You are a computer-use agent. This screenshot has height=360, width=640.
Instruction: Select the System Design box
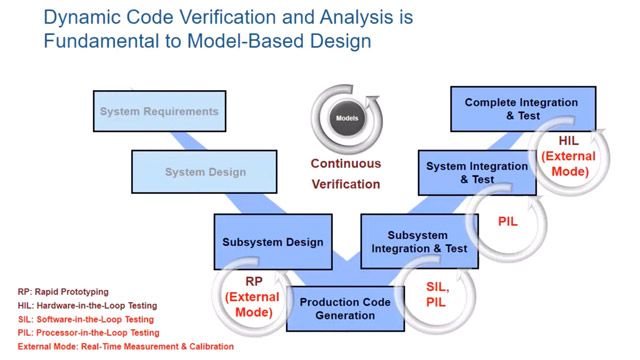[x=205, y=172]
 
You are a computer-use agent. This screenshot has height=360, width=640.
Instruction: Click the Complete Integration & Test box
[x=521, y=109]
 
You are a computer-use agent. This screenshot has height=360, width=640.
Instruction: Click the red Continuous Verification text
[x=345, y=174]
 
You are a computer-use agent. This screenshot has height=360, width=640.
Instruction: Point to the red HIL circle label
[x=568, y=156]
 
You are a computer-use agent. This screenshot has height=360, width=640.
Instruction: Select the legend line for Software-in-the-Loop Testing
[x=85, y=319]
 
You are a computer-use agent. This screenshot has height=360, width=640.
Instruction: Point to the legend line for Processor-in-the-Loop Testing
[x=88, y=333]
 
